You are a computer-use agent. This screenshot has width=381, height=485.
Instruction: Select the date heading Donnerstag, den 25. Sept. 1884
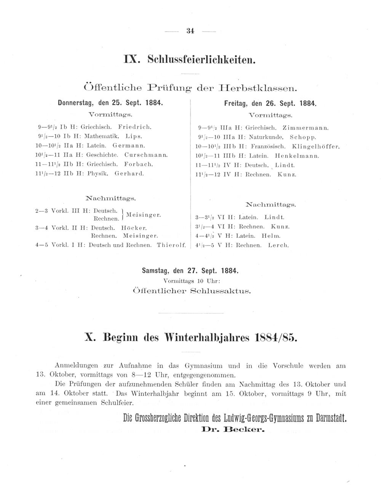pos(110,103)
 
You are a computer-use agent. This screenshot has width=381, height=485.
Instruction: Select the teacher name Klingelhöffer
pos(315,146)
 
